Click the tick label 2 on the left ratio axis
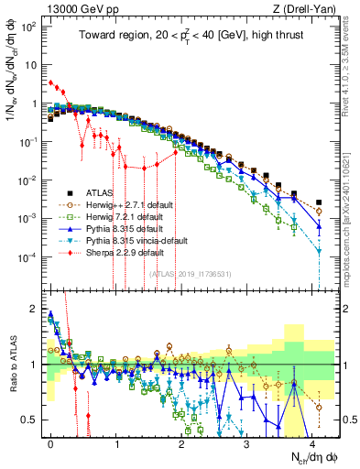pyautogui.click(x=34, y=309)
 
